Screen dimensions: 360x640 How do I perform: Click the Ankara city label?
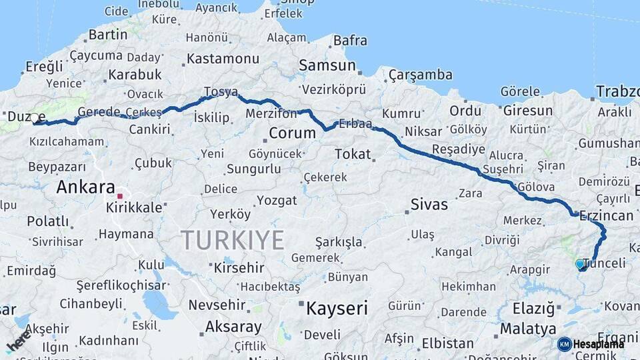[x=85, y=187]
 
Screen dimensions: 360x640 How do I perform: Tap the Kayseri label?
[x=337, y=309]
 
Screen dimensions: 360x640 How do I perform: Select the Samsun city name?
[x=327, y=65]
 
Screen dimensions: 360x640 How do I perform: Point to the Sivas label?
[x=429, y=205]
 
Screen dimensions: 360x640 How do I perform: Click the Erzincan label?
[x=607, y=215]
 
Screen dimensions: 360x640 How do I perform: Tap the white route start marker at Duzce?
[x=35, y=118]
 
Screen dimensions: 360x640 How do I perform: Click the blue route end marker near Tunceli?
[x=580, y=265]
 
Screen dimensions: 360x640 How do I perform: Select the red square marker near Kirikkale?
[x=120, y=197]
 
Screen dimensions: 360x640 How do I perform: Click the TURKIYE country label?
[x=233, y=240]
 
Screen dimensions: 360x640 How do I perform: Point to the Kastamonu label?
[x=223, y=59]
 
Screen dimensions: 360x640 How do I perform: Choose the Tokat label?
[x=353, y=155]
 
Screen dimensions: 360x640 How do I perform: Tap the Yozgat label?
[x=276, y=200]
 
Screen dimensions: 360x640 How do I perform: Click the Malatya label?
[x=527, y=329]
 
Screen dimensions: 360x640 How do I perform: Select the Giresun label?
[x=528, y=111]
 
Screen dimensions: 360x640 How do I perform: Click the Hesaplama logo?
[x=591, y=344]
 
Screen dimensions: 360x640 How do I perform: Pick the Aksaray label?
[x=233, y=327]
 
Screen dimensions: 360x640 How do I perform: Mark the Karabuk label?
[x=135, y=75]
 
